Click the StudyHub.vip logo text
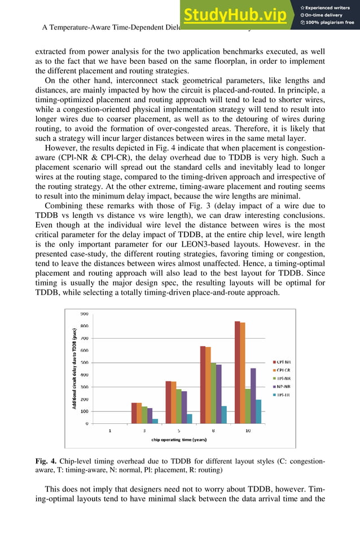236,15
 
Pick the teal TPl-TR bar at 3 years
155,421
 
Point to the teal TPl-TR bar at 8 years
224,414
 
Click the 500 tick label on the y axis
84,362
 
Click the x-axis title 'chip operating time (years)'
178,439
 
